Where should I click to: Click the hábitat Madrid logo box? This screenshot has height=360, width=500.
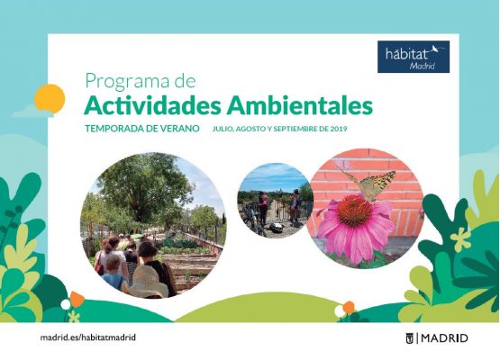coord(414,57)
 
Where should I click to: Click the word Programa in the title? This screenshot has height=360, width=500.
coord(127,81)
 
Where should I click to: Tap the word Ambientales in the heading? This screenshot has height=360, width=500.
coord(299,105)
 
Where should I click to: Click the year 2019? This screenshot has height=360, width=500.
coord(339,129)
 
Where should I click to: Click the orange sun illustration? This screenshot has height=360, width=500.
coord(50,99)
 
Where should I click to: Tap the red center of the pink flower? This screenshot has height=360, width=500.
coord(354,211)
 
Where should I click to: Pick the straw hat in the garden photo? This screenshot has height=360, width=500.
coord(148,283)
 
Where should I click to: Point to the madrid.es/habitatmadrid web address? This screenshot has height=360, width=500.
coord(88,337)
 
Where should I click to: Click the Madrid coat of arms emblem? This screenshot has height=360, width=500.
coord(409,338)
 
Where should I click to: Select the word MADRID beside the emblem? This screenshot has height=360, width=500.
coord(444,338)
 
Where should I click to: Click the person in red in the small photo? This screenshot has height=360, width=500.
coord(263,208)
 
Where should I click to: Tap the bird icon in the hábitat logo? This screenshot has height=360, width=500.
coord(434,49)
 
